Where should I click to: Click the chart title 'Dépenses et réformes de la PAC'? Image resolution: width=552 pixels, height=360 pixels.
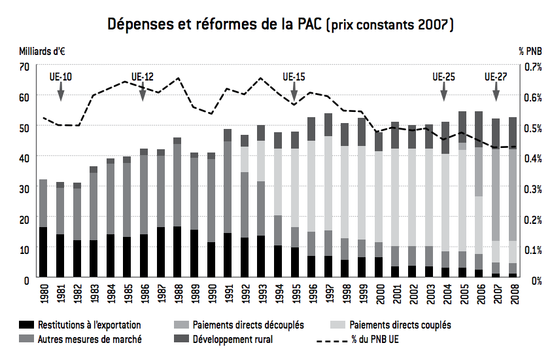point(216,25)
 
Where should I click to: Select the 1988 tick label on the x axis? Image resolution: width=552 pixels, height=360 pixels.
point(177,295)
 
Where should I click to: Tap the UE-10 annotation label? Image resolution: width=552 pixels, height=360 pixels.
point(61,77)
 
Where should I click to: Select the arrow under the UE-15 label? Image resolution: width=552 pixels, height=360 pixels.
point(295,93)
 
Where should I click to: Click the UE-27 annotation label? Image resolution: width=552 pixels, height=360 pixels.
point(496,77)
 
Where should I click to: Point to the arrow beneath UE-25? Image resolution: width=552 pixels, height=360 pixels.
point(445,93)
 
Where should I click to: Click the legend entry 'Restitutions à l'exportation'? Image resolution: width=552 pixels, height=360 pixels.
point(89,325)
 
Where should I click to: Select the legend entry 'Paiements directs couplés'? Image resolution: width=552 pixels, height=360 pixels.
point(400,325)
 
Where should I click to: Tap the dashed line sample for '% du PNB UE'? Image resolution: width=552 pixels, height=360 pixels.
point(331,339)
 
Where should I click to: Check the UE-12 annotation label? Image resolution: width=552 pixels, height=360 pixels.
point(143,77)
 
